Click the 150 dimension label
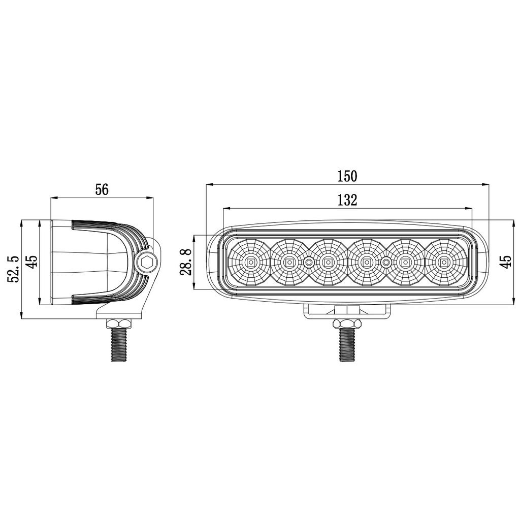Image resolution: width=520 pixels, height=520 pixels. pyautogui.click(x=347, y=176)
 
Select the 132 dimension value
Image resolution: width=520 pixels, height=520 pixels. pyautogui.click(x=347, y=200)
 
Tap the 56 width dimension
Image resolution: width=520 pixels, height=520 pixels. pyautogui.click(x=102, y=190)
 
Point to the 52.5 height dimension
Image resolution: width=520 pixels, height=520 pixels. pyautogui.click(x=14, y=269)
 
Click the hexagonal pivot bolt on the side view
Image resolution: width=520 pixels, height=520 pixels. pyautogui.click(x=146, y=262)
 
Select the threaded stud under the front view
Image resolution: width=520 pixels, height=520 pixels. pyautogui.click(x=347, y=345)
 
